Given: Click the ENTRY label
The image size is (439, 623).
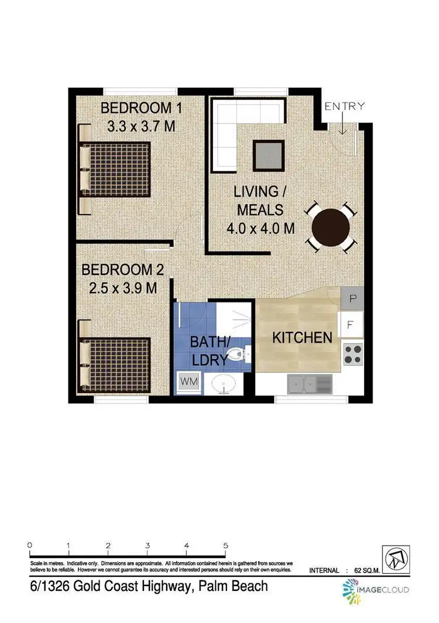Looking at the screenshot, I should [345, 106].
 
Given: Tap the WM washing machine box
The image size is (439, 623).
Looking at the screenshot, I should [188, 381].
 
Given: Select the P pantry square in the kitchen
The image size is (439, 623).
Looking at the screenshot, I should [352, 298].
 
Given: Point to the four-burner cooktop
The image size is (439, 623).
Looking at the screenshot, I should [352, 353].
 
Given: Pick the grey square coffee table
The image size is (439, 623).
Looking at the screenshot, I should [269, 156].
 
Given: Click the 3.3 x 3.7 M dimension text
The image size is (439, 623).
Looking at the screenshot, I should [141, 126].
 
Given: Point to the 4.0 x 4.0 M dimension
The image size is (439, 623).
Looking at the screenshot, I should [260, 228].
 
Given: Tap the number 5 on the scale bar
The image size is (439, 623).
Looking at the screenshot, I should [225, 545].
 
